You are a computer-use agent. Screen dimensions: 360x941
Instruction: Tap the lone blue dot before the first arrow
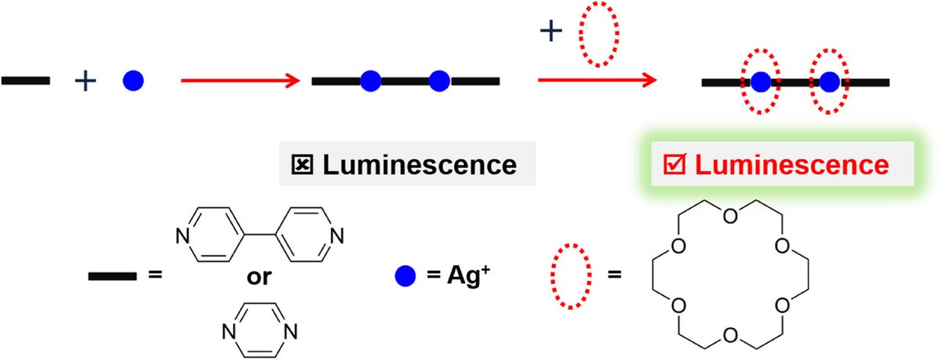tap(134, 80)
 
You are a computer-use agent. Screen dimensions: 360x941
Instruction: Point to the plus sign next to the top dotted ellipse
tap(551, 31)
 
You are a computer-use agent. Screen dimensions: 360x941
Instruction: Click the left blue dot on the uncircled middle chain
tap(370, 80)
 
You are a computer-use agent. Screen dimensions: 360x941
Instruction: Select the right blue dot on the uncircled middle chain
tap(439, 80)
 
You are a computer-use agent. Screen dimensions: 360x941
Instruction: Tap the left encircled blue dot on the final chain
tap(760, 82)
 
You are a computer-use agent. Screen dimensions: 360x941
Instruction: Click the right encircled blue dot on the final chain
tap(829, 82)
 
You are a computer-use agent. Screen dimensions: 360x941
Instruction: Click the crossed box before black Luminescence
tap(302, 165)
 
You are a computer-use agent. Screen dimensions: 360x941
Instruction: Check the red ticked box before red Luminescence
tap(674, 165)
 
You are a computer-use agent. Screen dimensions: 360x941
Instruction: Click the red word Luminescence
tap(792, 165)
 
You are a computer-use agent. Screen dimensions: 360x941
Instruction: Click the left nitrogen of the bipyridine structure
tap(182, 234)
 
